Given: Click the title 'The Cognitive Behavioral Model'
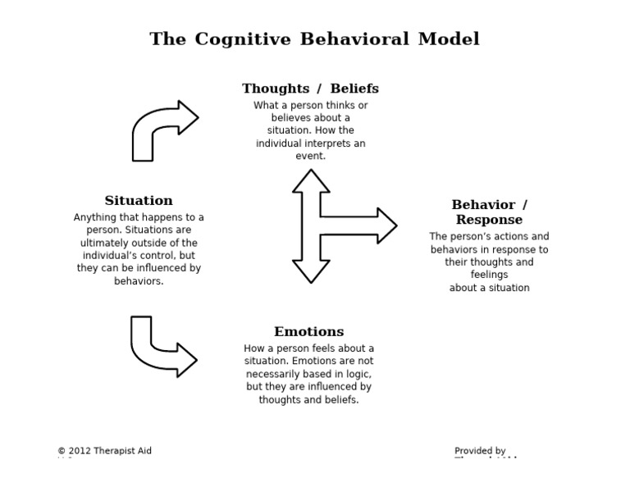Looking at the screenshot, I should pyautogui.click(x=314, y=39).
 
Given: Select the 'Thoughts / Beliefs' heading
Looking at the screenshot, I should pyautogui.click(x=310, y=89).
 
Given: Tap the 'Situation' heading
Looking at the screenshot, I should pyautogui.click(x=139, y=201).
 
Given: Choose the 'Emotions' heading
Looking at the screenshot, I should pyautogui.click(x=308, y=332).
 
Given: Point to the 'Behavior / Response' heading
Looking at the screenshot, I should pyautogui.click(x=489, y=212).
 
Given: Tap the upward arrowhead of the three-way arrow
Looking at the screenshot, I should pyautogui.click(x=311, y=180).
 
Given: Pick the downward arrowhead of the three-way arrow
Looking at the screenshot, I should pyautogui.click(x=311, y=272).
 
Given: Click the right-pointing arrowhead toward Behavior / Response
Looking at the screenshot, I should pyautogui.click(x=386, y=225).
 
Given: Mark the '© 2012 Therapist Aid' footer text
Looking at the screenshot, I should pyautogui.click(x=104, y=451).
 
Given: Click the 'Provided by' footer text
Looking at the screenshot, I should pyautogui.click(x=480, y=451).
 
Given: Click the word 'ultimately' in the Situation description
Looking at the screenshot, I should pyautogui.click(x=104, y=243).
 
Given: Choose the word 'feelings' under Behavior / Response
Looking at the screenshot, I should pyautogui.click(x=489, y=275).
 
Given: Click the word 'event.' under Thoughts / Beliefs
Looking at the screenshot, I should pyautogui.click(x=310, y=156).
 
